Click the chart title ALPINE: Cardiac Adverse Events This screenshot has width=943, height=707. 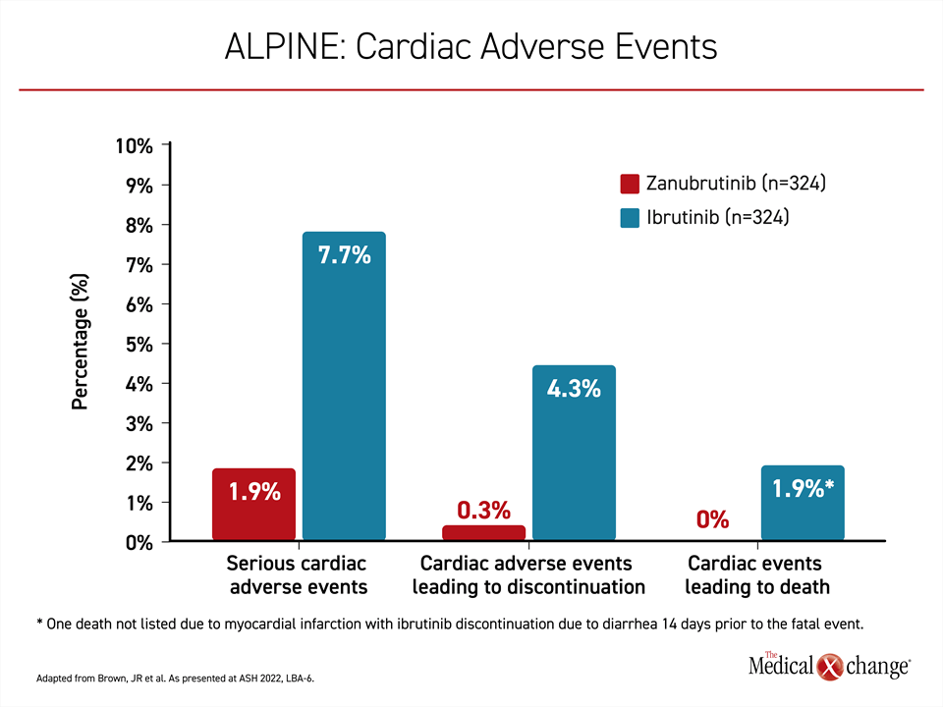[x=471, y=46]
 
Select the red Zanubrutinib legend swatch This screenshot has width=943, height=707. [x=630, y=184]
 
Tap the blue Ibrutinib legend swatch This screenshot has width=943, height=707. [x=630, y=218]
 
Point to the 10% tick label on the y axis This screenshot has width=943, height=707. [x=135, y=146]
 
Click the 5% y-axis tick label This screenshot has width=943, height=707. [x=139, y=345]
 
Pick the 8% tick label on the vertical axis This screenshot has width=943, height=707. [x=139, y=226]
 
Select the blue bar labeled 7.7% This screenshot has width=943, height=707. [x=344, y=386]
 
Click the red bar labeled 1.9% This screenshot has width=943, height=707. [x=253, y=505]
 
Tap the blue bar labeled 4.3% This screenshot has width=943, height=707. [x=574, y=453]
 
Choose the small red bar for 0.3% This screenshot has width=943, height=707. [x=483, y=532]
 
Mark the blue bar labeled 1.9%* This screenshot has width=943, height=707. [x=803, y=503]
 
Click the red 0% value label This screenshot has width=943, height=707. [x=713, y=519]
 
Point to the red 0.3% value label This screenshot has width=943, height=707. [x=483, y=511]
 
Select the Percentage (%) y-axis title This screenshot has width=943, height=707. [x=80, y=342]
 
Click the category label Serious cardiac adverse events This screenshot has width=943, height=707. [x=298, y=574]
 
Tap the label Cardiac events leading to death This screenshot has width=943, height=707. [x=756, y=574]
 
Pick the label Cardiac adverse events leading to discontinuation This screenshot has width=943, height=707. [x=528, y=574]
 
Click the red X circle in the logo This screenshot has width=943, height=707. [x=830, y=667]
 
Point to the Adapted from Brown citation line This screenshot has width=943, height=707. [x=175, y=679]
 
